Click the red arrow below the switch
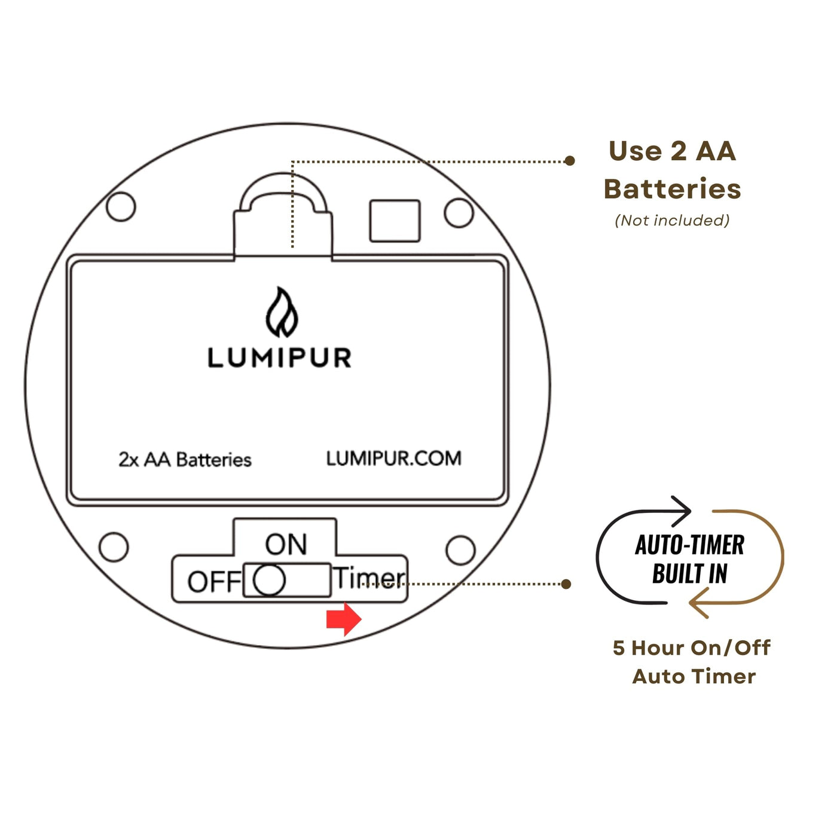click(x=344, y=619)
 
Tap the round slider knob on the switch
click(x=268, y=580)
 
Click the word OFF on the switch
click(x=214, y=581)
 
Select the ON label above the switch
click(x=286, y=545)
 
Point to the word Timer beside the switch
click(x=369, y=578)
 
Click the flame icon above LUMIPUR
click(x=282, y=312)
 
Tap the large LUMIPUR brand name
click(x=279, y=358)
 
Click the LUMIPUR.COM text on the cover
click(x=393, y=459)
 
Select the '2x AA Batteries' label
click(x=185, y=460)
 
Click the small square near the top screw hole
click(x=395, y=221)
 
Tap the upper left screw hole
click(x=121, y=206)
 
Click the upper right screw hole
click(x=459, y=213)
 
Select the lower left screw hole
click(x=114, y=546)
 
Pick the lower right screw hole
click(x=460, y=550)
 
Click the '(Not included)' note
click(x=672, y=221)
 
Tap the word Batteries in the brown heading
click(x=672, y=189)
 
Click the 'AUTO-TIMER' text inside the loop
click(x=689, y=545)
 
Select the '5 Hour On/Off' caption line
click(x=692, y=647)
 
